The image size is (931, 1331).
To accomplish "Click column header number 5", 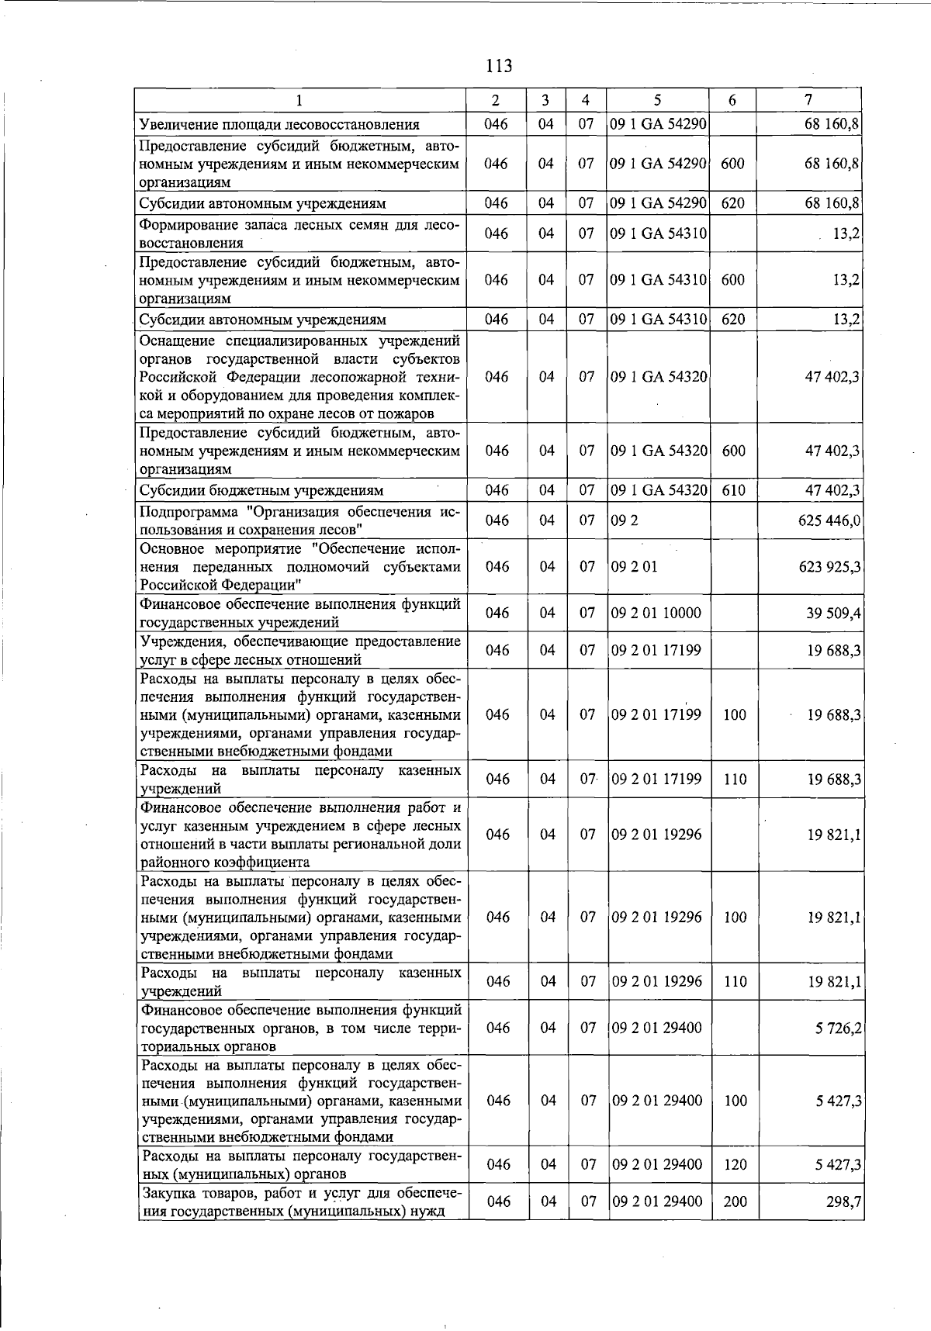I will [657, 100].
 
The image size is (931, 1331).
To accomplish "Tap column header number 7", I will [808, 100].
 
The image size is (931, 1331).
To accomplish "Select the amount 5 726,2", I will [839, 1028].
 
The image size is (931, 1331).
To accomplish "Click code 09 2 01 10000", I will [656, 614].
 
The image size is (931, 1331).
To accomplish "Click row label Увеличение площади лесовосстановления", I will [279, 125].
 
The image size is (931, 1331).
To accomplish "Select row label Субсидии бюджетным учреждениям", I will [261, 490].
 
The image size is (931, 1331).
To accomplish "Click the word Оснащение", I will [175, 341].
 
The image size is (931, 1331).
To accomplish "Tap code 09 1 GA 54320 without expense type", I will [659, 377].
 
